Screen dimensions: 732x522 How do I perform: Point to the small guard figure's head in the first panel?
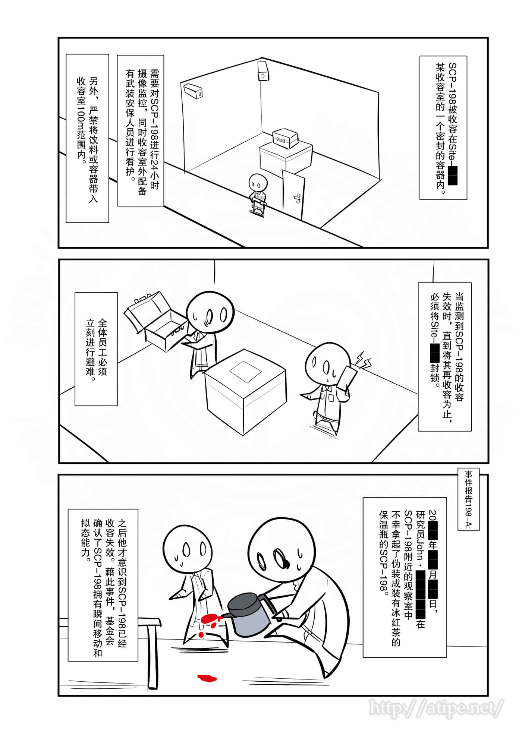(x=258, y=182)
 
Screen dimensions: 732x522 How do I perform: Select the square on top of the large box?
(x=245, y=371)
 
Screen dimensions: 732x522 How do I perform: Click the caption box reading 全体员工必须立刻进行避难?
(x=96, y=349)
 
